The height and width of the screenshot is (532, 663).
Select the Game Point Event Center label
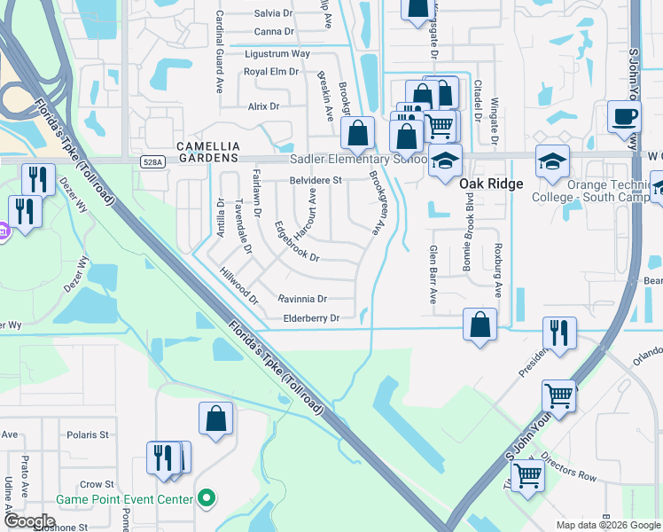124,499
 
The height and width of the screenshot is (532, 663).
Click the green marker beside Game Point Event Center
207,498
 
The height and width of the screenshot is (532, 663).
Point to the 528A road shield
152,161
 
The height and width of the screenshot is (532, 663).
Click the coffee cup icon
625,116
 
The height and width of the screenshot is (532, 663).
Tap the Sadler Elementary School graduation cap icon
445,161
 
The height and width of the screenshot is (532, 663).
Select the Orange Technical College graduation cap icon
552,161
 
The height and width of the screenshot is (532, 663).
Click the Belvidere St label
316,180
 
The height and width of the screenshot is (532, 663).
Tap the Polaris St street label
91,435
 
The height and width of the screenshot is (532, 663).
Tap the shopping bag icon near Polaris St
216,419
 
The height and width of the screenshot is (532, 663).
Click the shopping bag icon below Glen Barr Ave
480,325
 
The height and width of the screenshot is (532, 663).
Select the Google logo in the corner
28,521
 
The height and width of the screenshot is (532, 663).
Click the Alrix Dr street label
263,106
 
